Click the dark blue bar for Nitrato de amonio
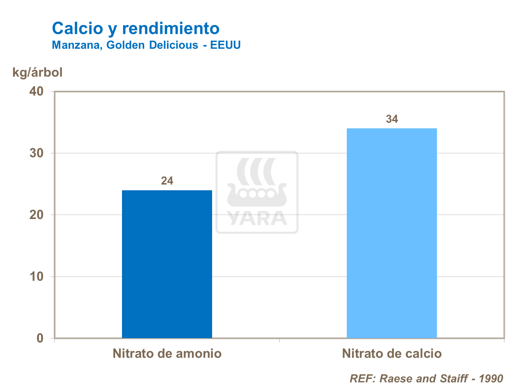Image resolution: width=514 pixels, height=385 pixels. [167, 264]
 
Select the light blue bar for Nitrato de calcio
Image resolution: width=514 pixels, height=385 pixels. [392, 233]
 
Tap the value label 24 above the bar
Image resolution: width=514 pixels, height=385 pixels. [167, 181]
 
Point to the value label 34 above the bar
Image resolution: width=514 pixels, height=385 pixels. [392, 119]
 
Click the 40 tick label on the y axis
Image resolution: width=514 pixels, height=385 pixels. [37, 91]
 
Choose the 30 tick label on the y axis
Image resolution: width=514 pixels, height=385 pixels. [37, 153]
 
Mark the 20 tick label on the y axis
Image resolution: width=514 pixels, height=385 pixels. [37, 215]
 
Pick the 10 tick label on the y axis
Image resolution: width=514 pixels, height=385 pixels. [37, 277]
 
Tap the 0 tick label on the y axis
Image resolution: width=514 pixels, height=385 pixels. [40, 338]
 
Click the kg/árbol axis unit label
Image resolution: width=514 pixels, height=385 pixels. [38, 73]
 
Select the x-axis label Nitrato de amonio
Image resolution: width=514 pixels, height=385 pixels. [167, 354]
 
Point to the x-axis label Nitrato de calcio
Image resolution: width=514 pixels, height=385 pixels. [392, 354]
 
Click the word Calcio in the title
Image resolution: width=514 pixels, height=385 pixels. [77, 28]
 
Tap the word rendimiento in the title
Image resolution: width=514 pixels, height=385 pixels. [171, 28]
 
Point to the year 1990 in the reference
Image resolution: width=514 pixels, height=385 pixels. [491, 378]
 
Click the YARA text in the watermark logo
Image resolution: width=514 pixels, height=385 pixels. [257, 218]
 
